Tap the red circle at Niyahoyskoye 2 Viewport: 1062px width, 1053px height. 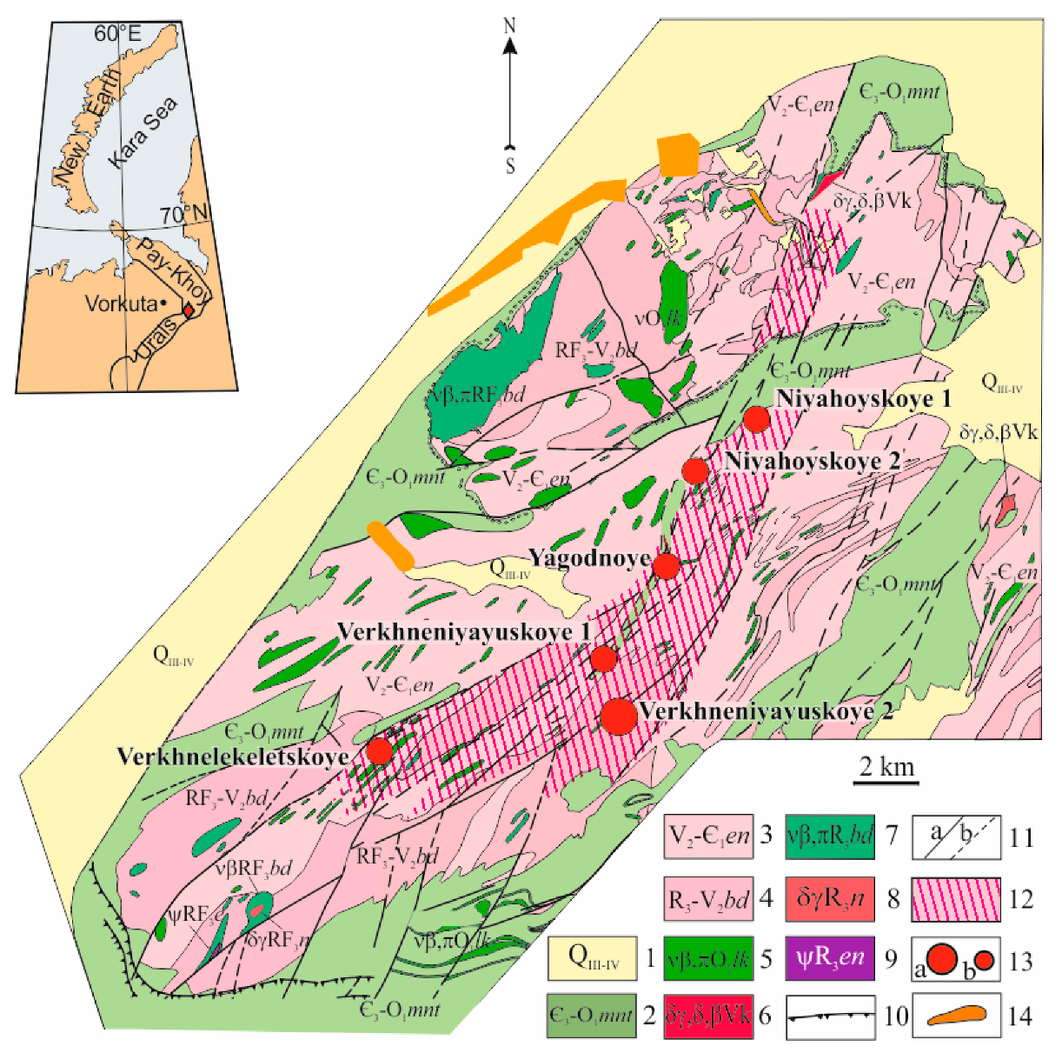(x=695, y=471)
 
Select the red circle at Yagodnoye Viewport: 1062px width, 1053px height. (x=666, y=566)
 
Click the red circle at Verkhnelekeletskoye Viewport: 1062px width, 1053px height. (x=380, y=751)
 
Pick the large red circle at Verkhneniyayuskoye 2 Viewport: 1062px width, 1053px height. (x=619, y=717)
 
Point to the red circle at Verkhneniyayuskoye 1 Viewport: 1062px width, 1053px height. (x=604, y=659)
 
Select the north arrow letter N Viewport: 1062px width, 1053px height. (x=510, y=26)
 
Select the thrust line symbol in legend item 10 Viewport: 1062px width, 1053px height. (x=829, y=1016)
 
